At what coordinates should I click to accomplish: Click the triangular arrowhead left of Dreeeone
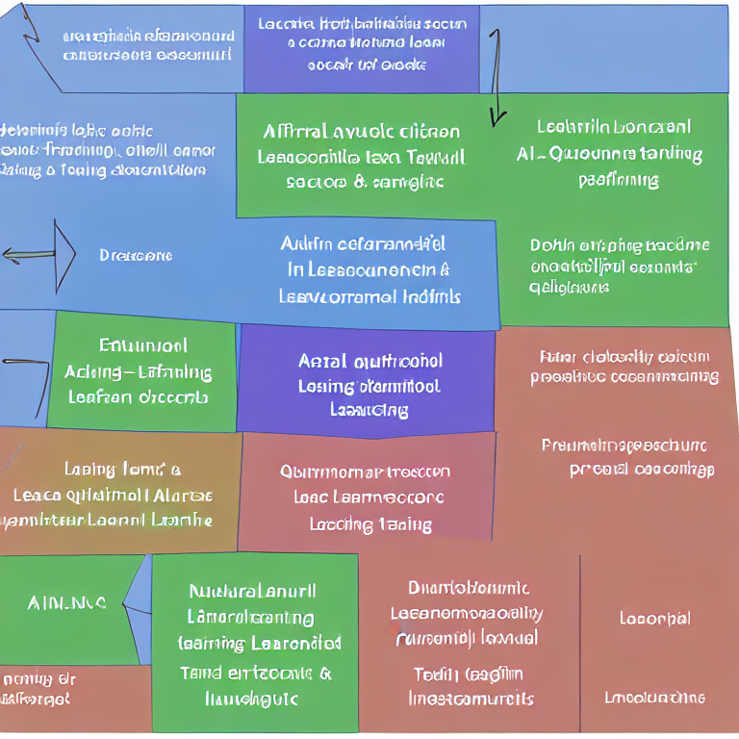click(x=64, y=255)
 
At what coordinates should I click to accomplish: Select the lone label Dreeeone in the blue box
click(x=136, y=256)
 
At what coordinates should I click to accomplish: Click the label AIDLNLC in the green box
click(x=67, y=603)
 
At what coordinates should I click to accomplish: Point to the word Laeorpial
click(x=654, y=618)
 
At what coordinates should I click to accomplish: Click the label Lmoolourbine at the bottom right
click(x=654, y=698)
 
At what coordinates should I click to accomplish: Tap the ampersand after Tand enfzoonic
click(x=325, y=674)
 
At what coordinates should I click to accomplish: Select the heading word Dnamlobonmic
click(x=469, y=587)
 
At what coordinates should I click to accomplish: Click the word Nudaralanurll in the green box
click(x=253, y=591)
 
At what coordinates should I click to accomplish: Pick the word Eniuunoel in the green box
click(x=143, y=345)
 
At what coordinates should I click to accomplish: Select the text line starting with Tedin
click(x=469, y=674)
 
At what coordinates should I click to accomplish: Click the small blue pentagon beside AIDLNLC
click(x=138, y=601)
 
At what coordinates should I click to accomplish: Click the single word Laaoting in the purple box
click(x=369, y=410)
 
